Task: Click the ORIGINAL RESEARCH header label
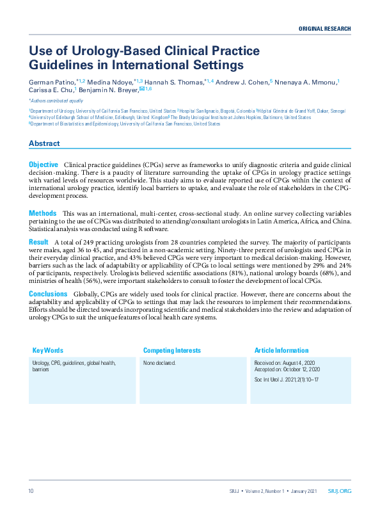coord(325,29)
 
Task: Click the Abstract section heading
coord(44,143)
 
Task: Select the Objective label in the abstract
coord(44,165)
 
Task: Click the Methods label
coord(42,213)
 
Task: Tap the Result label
coord(38,241)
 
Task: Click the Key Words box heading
coord(48,351)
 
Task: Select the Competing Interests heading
coord(171,351)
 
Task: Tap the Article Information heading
coord(281,351)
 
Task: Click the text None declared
coord(159,363)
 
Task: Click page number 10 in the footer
coord(31,491)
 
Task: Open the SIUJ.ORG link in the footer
coord(339,491)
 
